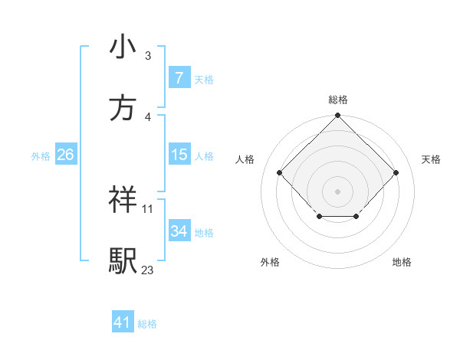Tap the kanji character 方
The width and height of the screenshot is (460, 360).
coord(123,108)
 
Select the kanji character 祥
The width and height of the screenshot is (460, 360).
coord(123,200)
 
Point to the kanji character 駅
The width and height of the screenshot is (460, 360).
coord(123,260)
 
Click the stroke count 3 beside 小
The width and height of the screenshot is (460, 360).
coord(148,55)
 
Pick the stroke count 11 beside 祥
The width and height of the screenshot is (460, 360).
coord(148,208)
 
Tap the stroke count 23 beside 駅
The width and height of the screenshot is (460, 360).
coord(148,270)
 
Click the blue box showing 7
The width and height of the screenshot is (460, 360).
coord(179,77)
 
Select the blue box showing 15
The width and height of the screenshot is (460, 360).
coord(179,155)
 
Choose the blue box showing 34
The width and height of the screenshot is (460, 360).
coord(179,231)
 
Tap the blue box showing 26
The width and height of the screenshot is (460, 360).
coord(65,155)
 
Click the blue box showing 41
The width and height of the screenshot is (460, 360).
coord(123,322)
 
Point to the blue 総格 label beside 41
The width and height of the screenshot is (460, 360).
coord(147,324)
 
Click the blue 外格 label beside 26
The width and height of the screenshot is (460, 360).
coord(41,156)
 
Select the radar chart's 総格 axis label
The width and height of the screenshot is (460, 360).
coord(337,100)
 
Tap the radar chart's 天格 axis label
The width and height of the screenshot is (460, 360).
coord(431,159)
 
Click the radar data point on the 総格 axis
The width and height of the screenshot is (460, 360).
coord(337,116)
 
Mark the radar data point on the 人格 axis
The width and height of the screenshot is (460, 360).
coord(279,172)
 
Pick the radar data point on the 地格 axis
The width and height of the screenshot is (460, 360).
coord(356,218)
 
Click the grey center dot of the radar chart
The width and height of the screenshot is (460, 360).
coord(337,191)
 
